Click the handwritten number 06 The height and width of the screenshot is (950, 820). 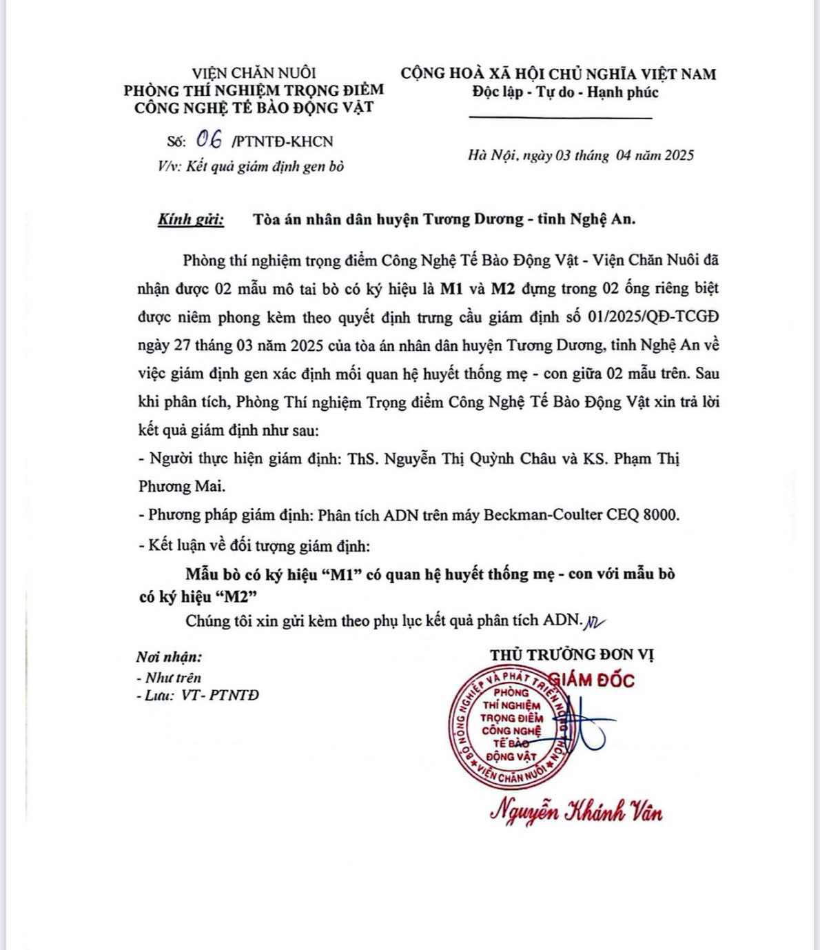(209, 140)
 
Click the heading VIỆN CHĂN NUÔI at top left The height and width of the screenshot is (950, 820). (254, 73)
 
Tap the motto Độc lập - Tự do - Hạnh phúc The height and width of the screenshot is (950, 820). (565, 92)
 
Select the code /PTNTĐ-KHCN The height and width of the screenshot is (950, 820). (283, 142)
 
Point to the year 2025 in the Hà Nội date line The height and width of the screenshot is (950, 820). (679, 155)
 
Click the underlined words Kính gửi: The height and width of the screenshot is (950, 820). (191, 220)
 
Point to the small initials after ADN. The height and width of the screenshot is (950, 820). (594, 623)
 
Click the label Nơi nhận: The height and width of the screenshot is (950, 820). (169, 657)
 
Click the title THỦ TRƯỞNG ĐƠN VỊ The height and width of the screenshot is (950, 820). (572, 654)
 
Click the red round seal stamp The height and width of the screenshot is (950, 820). (510, 727)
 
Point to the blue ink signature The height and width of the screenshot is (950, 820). (586, 727)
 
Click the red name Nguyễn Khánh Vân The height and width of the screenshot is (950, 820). (576, 812)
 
